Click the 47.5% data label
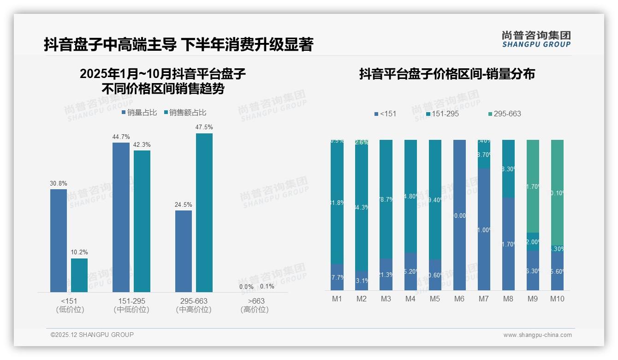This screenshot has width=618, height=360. (x=204, y=127)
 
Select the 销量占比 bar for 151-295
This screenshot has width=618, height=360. (x=121, y=217)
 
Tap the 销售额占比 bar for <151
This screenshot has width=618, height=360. (x=79, y=275)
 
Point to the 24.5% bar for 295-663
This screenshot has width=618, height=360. (x=184, y=251)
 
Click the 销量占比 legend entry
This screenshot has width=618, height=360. (x=139, y=113)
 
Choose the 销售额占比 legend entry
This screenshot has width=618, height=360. (x=185, y=113)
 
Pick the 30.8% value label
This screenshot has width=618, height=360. (x=59, y=183)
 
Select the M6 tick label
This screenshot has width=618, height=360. (x=459, y=299)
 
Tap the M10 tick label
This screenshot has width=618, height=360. (x=557, y=299)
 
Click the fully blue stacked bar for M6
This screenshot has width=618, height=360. (x=459, y=215)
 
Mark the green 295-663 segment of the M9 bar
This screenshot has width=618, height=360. (x=533, y=186)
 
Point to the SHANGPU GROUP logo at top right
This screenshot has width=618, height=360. (x=536, y=39)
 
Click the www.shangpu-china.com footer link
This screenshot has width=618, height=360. (x=537, y=335)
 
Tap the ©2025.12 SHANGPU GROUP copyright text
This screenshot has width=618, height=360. (x=92, y=335)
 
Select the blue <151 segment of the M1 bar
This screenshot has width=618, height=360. (x=337, y=277)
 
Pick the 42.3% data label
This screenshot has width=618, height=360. (x=142, y=144)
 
